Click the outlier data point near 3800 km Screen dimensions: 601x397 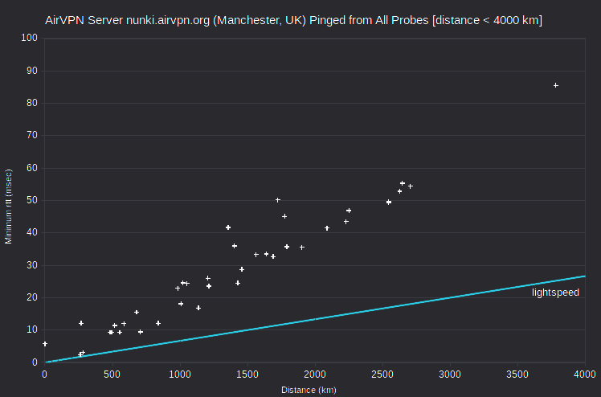[556, 85]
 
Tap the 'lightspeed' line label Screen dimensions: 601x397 [555, 293]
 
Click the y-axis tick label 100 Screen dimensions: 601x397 [30, 38]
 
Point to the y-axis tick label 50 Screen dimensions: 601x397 [32, 200]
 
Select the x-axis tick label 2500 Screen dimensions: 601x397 [382, 374]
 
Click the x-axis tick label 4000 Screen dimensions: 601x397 [585, 374]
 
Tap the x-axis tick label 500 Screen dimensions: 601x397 [112, 374]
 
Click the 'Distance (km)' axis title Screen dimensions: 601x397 [309, 390]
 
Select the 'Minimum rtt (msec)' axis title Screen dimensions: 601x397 [8, 207]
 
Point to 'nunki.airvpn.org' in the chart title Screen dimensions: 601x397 [168, 20]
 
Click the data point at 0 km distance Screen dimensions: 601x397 [45, 344]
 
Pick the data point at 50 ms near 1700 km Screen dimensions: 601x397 [278, 200]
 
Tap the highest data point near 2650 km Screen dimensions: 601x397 [403, 183]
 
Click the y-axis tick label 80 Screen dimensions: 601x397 [32, 103]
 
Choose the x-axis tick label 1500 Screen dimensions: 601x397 [247, 374]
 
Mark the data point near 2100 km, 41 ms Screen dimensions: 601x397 [327, 228]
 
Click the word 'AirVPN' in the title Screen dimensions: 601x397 [65, 20]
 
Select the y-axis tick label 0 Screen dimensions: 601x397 [35, 362]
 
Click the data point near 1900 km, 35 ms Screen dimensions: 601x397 [302, 248]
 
